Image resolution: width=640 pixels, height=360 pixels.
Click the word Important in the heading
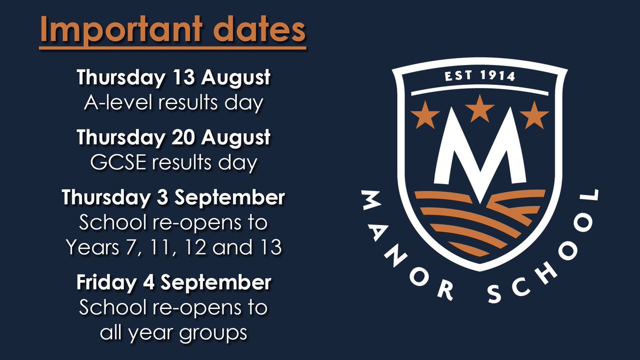tap(122, 30)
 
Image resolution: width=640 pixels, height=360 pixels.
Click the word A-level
tap(118, 102)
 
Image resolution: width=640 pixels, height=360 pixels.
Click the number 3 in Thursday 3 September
tap(162, 197)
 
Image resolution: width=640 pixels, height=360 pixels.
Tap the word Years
tap(93, 247)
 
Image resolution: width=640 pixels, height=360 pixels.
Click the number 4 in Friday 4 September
tap(149, 282)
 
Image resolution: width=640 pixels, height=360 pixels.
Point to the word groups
tap(213, 334)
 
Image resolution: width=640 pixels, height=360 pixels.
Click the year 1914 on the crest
tap(498, 76)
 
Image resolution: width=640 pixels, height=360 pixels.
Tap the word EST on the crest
tap(458, 76)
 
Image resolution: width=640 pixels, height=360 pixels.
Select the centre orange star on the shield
tap(479, 109)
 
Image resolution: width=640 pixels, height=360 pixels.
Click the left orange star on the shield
tap(425, 115)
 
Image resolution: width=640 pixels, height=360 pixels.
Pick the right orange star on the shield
tap(534, 115)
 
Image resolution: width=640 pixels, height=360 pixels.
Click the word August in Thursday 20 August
tap(235, 138)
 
